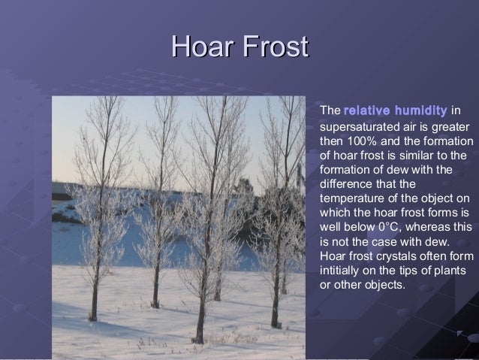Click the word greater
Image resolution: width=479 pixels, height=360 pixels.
451,126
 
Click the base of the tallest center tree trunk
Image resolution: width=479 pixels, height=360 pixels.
200,338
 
